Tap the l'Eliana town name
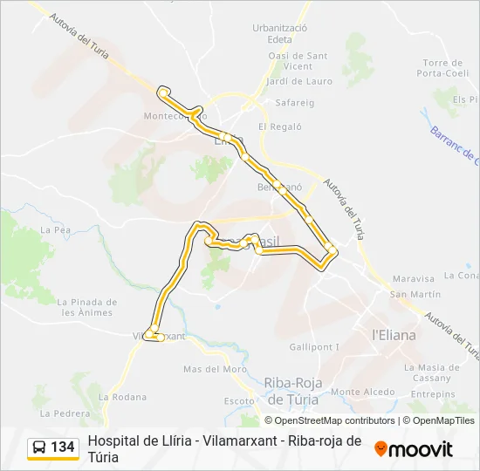pyautogui.click(x=394, y=334)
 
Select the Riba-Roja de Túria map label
pyautogui.click(x=292, y=391)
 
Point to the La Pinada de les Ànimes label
pyautogui.click(x=86, y=307)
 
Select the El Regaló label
pyautogui.click(x=280, y=126)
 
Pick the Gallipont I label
pyautogui.click(x=314, y=347)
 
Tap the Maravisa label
pyautogui.click(x=414, y=279)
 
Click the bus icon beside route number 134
pyautogui.click(x=39, y=448)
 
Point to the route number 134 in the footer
pyautogui.click(x=63, y=447)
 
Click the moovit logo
pyautogui.click(x=414, y=449)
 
